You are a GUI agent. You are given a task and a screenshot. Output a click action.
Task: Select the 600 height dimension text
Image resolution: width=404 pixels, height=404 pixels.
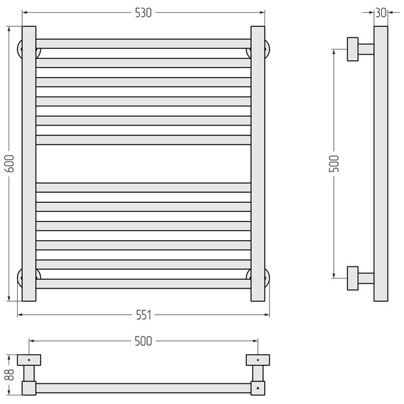coord(9,164)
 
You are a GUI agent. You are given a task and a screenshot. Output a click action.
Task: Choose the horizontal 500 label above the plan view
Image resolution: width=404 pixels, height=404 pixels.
coord(143,341)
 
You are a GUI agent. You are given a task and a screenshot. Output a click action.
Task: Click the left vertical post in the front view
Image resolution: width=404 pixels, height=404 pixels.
coord(28,164)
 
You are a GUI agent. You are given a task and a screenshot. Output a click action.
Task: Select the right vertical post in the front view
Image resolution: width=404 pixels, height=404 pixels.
coord(258,164)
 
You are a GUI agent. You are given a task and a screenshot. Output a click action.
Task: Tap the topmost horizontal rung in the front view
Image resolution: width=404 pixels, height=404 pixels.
coord(143,43)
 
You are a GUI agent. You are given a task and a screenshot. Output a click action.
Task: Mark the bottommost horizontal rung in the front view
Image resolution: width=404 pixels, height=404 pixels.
coord(143,284)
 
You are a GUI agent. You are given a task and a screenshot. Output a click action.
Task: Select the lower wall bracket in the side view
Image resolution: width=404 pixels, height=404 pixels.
coord(359,278)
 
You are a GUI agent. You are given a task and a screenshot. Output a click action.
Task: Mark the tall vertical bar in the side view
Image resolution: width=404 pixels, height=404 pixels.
coord(381,164)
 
